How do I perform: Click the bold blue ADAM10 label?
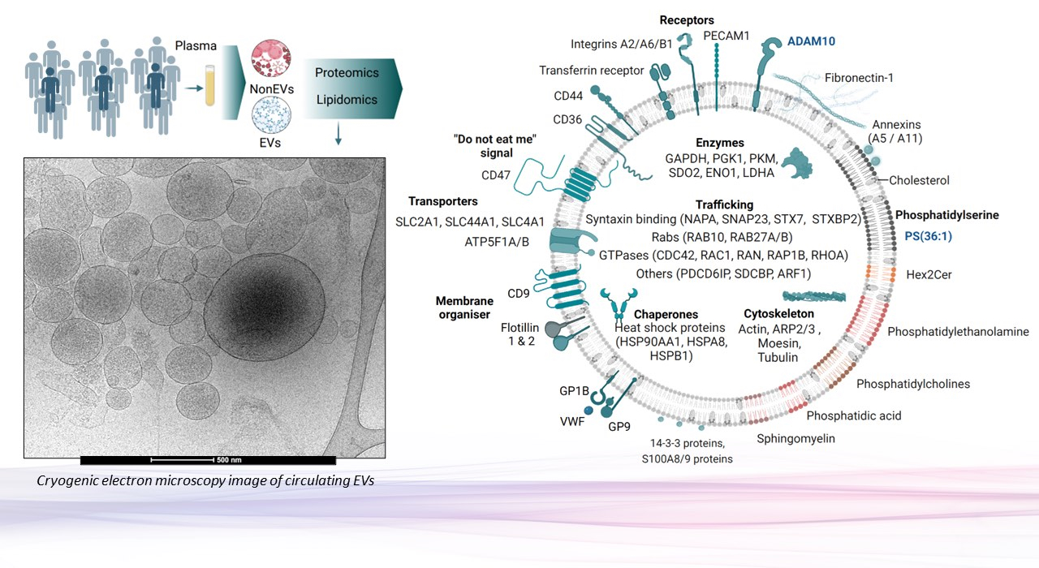pos(811,41)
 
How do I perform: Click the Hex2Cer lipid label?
pos(929,275)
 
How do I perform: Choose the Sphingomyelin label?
pos(795,439)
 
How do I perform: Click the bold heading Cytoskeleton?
pos(778,313)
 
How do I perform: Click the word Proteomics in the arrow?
pos(347,72)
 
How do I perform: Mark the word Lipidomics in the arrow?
pos(347,100)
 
